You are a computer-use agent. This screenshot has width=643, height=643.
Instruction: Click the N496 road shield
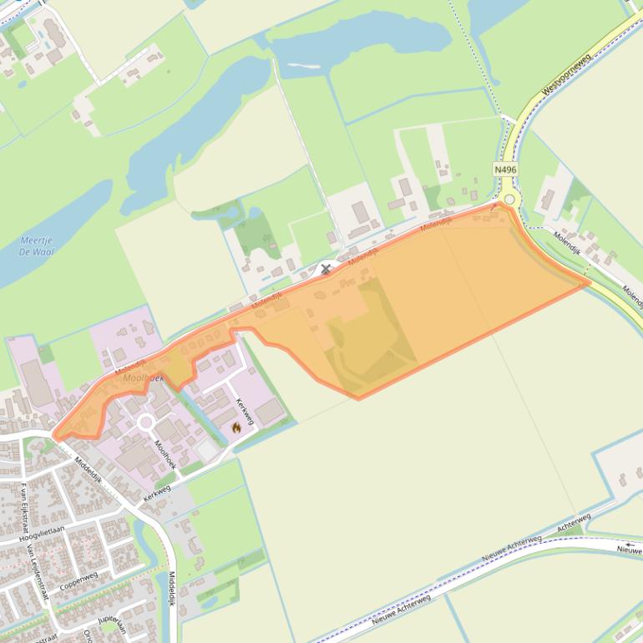pos(505,170)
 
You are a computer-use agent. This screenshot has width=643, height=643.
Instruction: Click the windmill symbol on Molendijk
pos(326,268)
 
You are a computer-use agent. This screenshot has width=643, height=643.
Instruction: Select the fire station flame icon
pos(236,428)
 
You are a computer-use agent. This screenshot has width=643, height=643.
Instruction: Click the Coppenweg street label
pos(78,578)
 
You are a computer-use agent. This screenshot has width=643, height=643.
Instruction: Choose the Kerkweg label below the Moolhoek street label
pos(156,494)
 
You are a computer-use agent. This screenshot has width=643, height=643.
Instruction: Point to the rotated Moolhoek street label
pos(165,451)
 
